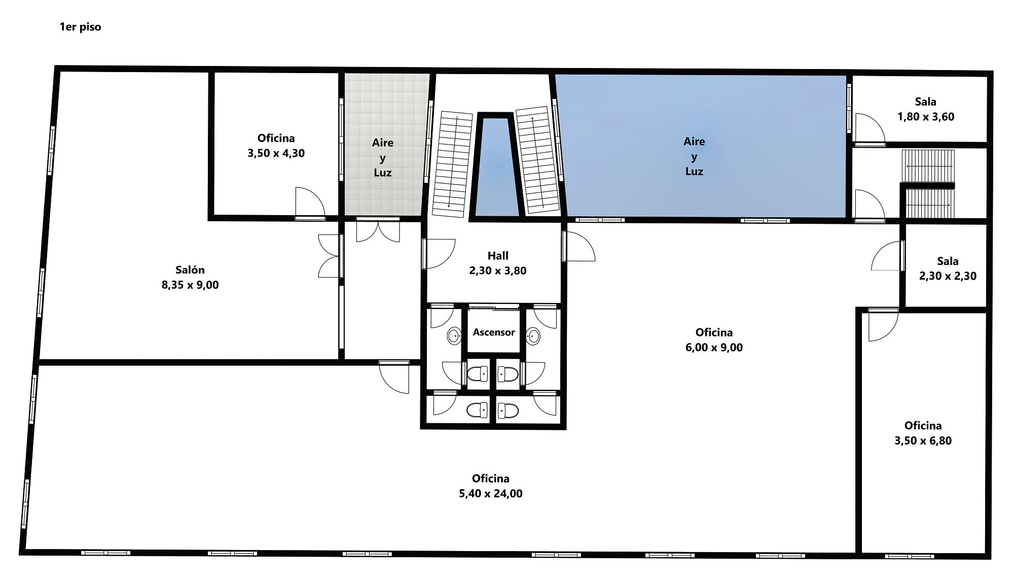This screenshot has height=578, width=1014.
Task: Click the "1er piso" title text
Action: coord(80,27)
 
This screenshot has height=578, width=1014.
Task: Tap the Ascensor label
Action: coord(494,332)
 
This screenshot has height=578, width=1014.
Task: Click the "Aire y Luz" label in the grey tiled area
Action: coord(383,158)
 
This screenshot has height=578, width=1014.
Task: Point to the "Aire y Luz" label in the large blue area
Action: coord(694,156)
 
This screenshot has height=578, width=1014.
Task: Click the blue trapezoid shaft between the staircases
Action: coord(495,167)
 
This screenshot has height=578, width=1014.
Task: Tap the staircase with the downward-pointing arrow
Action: coord(452,164)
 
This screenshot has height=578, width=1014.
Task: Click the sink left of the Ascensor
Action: coord(454,335)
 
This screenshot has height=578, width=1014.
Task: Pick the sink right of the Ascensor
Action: coord(533,335)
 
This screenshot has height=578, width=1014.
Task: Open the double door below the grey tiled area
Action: coord(378,231)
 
